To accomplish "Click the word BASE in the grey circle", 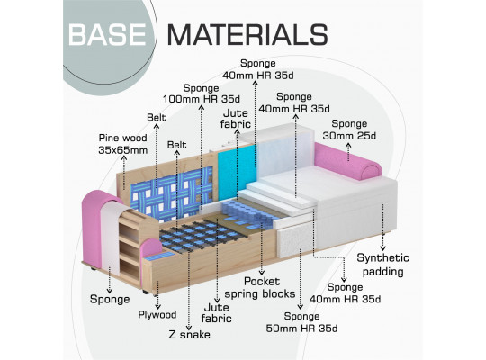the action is click(107, 34).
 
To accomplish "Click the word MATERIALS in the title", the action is click(247, 34).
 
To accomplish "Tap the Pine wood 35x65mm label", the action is click(123, 144).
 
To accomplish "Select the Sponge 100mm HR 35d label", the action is click(202, 94).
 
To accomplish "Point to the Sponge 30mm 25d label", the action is click(349, 130).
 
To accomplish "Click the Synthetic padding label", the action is click(383, 265).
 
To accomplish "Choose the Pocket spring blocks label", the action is click(260, 287).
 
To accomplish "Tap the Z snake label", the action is click(190, 335).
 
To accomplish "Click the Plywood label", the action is click(157, 315).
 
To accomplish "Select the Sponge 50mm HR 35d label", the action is click(301, 322).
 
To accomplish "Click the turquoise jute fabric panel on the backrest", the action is click(237, 173).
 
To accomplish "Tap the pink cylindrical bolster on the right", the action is click(347, 161).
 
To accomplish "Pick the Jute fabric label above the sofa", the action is click(236, 119).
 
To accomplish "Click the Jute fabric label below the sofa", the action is click(217, 313).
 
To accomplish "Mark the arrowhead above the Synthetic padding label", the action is click(383, 248).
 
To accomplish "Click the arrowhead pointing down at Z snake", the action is click(189, 328).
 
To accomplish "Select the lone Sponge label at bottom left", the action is click(110, 299).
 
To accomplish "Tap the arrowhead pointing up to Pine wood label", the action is click(124, 157).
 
